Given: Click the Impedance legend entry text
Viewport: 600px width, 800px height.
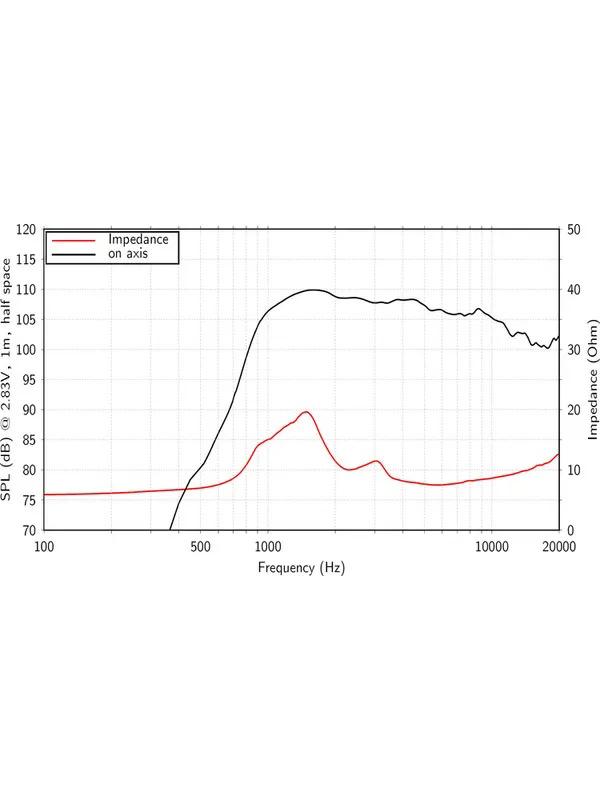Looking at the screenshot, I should [x=138, y=240].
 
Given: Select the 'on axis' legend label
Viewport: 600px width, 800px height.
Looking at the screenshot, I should [x=127, y=254].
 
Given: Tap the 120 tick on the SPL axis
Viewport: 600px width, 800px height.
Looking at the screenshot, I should [x=26, y=230].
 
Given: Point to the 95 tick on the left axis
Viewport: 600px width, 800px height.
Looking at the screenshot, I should [x=29, y=380].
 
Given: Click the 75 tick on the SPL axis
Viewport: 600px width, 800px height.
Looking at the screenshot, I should [x=29, y=500].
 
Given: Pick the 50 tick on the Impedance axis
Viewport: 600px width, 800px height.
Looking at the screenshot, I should [x=573, y=230].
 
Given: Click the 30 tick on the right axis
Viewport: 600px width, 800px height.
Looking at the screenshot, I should [x=573, y=350].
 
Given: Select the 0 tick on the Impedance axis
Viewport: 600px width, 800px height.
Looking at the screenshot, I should [x=570, y=530].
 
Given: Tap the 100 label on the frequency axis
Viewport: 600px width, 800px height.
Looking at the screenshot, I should [x=44, y=546].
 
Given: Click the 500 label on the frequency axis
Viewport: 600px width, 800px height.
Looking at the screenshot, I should [x=201, y=546].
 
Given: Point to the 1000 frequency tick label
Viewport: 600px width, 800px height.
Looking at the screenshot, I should [x=268, y=546].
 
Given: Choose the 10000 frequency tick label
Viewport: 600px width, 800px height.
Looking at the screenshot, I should [x=491, y=546].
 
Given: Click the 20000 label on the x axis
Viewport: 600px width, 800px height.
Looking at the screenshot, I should [x=558, y=546].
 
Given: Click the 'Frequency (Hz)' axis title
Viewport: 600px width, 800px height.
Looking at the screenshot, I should [x=301, y=567].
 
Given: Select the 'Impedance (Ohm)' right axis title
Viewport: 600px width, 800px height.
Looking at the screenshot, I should [x=592, y=380].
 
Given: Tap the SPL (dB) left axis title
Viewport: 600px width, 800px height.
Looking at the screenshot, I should [x=8, y=380].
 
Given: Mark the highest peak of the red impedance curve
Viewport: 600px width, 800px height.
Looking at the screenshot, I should [x=306, y=412].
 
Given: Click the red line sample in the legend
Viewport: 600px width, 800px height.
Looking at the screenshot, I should [x=73, y=240].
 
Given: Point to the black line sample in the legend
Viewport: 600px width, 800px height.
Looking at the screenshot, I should [x=73, y=254].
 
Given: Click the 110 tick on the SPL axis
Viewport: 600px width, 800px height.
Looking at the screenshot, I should [x=26, y=290].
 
